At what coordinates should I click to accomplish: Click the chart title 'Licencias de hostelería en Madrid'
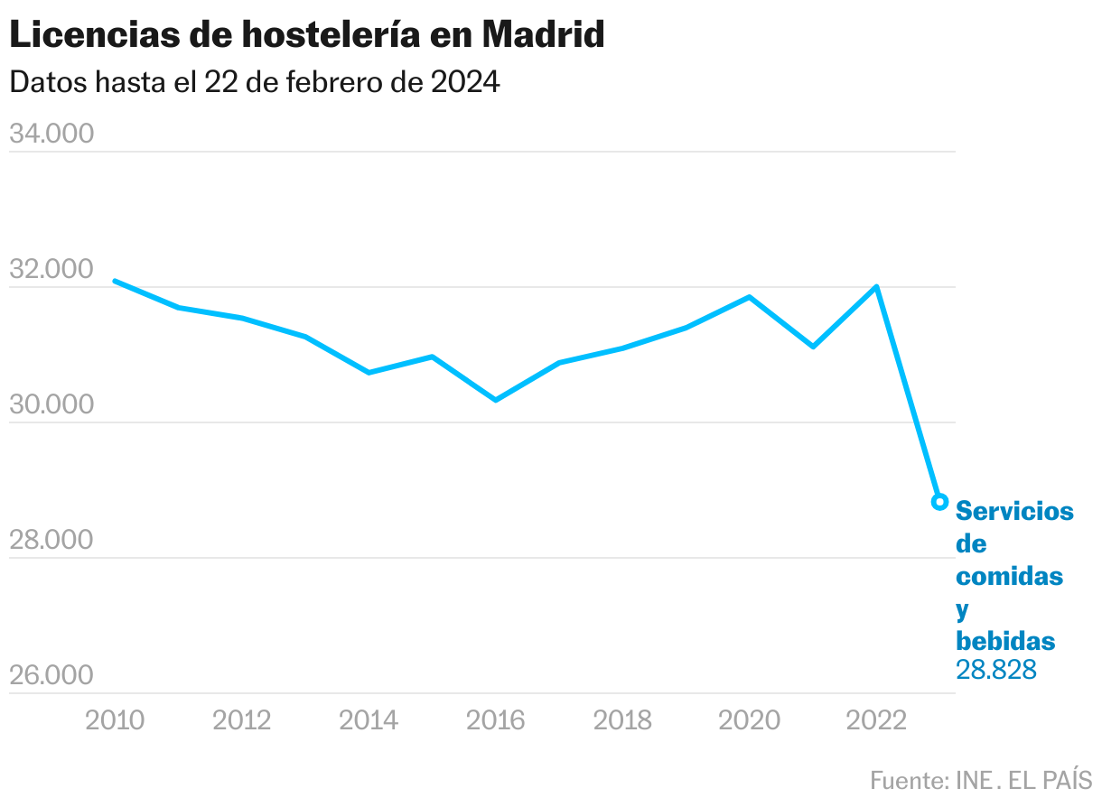tap(306, 35)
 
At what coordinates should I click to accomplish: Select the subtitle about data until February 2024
tap(254, 82)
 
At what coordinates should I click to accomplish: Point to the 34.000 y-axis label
tap(51, 134)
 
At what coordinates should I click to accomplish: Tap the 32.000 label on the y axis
tap(51, 269)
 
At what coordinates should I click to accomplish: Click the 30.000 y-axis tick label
tap(51, 404)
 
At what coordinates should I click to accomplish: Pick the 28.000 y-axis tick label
tap(51, 540)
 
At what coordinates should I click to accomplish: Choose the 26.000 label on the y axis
tap(51, 675)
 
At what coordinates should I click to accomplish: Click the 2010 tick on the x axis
tap(115, 719)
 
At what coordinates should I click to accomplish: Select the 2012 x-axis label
tap(242, 719)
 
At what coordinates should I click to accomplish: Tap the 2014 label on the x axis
tap(369, 719)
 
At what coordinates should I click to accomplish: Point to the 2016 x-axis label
tap(496, 719)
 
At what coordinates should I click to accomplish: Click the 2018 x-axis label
tap(622, 719)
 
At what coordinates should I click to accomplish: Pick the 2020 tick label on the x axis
tap(750, 719)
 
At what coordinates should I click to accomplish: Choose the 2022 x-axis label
tap(876, 719)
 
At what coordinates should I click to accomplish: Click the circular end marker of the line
tap(939, 502)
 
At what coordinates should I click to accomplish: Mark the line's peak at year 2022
tap(876, 287)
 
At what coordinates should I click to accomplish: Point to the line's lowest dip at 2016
tap(496, 399)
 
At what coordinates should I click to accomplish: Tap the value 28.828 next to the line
tap(995, 670)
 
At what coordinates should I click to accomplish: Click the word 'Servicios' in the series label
tap(1014, 511)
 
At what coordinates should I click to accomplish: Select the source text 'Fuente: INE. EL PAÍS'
tap(981, 779)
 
